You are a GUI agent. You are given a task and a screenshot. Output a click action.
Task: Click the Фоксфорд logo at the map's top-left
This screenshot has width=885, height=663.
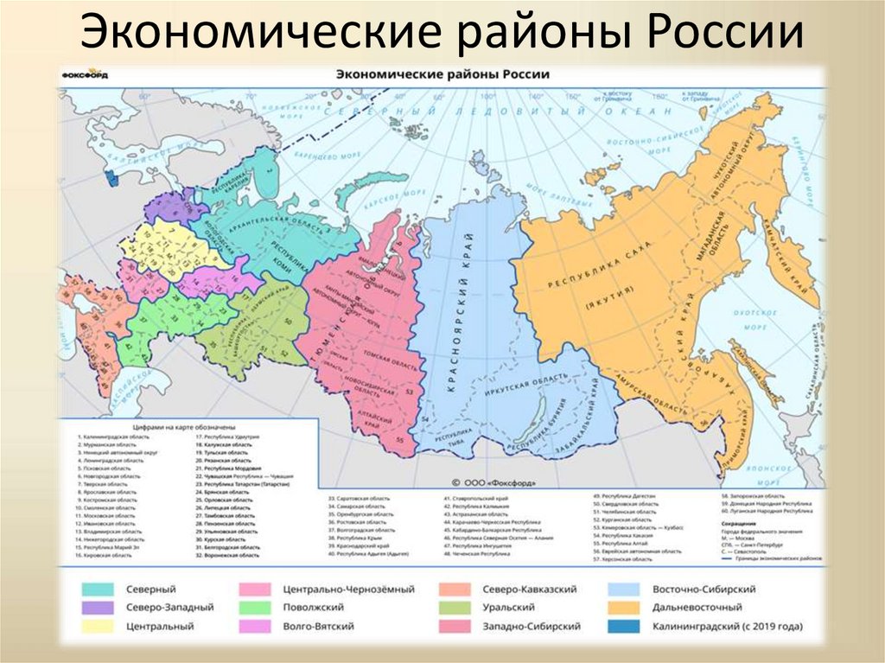[x=82, y=75]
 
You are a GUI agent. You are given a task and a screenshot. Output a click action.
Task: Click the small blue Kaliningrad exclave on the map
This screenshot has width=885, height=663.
[x=110, y=178]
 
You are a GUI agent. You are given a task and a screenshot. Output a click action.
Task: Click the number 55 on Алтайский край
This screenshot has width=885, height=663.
[x=399, y=441]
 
